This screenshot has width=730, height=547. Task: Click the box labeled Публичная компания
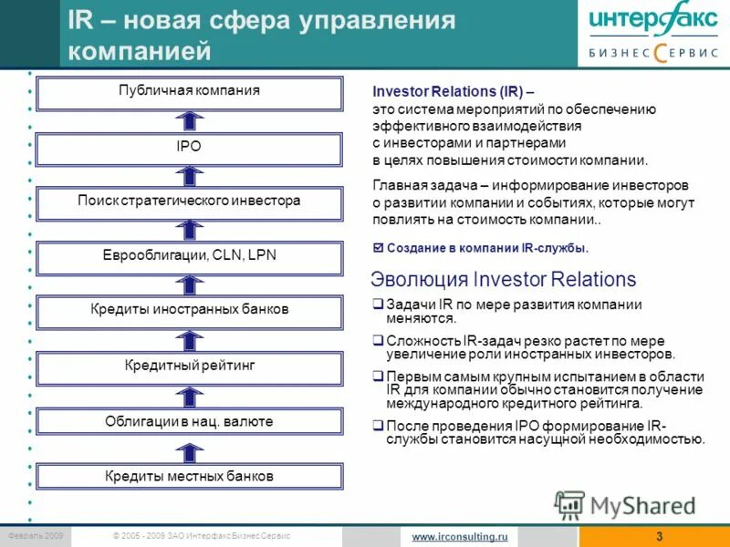click(x=189, y=91)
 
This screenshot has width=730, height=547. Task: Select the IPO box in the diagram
click(x=189, y=146)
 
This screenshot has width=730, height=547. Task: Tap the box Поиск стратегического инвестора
click(x=189, y=201)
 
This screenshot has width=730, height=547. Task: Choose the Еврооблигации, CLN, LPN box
click(x=189, y=255)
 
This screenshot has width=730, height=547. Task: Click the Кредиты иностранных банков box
click(x=189, y=310)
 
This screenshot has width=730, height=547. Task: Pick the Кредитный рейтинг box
click(x=189, y=366)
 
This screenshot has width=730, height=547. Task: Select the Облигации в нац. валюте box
click(x=189, y=421)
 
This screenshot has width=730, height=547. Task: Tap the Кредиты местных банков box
click(x=189, y=476)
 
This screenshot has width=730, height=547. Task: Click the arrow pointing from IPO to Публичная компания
click(x=189, y=119)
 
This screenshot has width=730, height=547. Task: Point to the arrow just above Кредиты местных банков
click(x=189, y=449)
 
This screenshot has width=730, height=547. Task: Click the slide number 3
click(x=659, y=537)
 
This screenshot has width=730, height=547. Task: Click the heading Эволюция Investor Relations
click(x=504, y=279)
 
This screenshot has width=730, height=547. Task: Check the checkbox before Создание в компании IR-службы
click(x=380, y=248)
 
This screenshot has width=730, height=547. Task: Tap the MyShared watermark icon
click(x=570, y=504)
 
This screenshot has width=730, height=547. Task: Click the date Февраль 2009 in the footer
click(x=34, y=536)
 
